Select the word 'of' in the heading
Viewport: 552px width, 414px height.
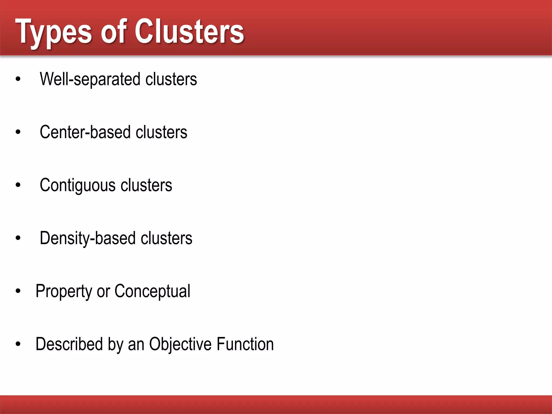coord(113,32)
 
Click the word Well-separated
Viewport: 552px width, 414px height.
coord(90,79)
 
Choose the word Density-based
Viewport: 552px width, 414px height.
coord(88,238)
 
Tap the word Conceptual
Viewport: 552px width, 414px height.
coord(152,291)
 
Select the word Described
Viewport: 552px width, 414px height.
coord(69,344)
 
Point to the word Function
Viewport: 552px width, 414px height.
coord(245,344)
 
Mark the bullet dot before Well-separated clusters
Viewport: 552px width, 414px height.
coord(18,79)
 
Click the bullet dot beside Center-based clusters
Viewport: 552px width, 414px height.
coord(18,132)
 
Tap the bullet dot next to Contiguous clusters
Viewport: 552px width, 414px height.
coord(18,185)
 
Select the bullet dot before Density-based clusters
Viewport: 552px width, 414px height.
coord(18,238)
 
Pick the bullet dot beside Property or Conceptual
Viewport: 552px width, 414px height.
coord(18,291)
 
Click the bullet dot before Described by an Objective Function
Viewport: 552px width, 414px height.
coord(18,344)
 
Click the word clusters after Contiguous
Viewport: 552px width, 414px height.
coord(146,185)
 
